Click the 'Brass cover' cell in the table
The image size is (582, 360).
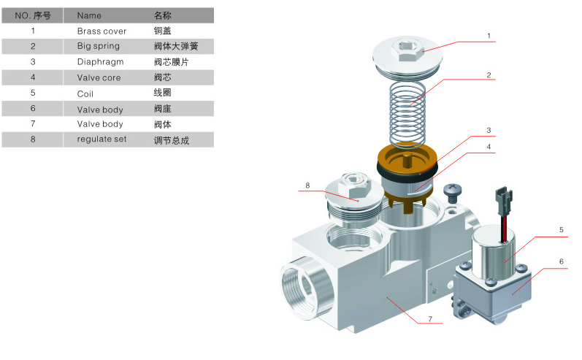tap(102, 31)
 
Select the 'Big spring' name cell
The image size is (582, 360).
tap(99, 46)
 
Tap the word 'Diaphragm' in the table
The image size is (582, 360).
tap(100, 62)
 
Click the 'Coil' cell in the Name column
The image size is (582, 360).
tap(85, 93)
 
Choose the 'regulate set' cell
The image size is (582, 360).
tap(102, 139)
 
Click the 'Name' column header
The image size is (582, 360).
tap(89, 15)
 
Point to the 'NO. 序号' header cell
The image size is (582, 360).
tap(33, 15)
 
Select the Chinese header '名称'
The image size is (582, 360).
tap(162, 15)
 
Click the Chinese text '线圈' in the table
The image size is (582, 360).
tap(162, 93)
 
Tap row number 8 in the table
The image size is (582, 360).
tap(33, 139)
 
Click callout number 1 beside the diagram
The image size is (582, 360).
tap(489, 35)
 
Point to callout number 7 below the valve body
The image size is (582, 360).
tap(430, 319)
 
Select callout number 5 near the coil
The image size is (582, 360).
tap(561, 230)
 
